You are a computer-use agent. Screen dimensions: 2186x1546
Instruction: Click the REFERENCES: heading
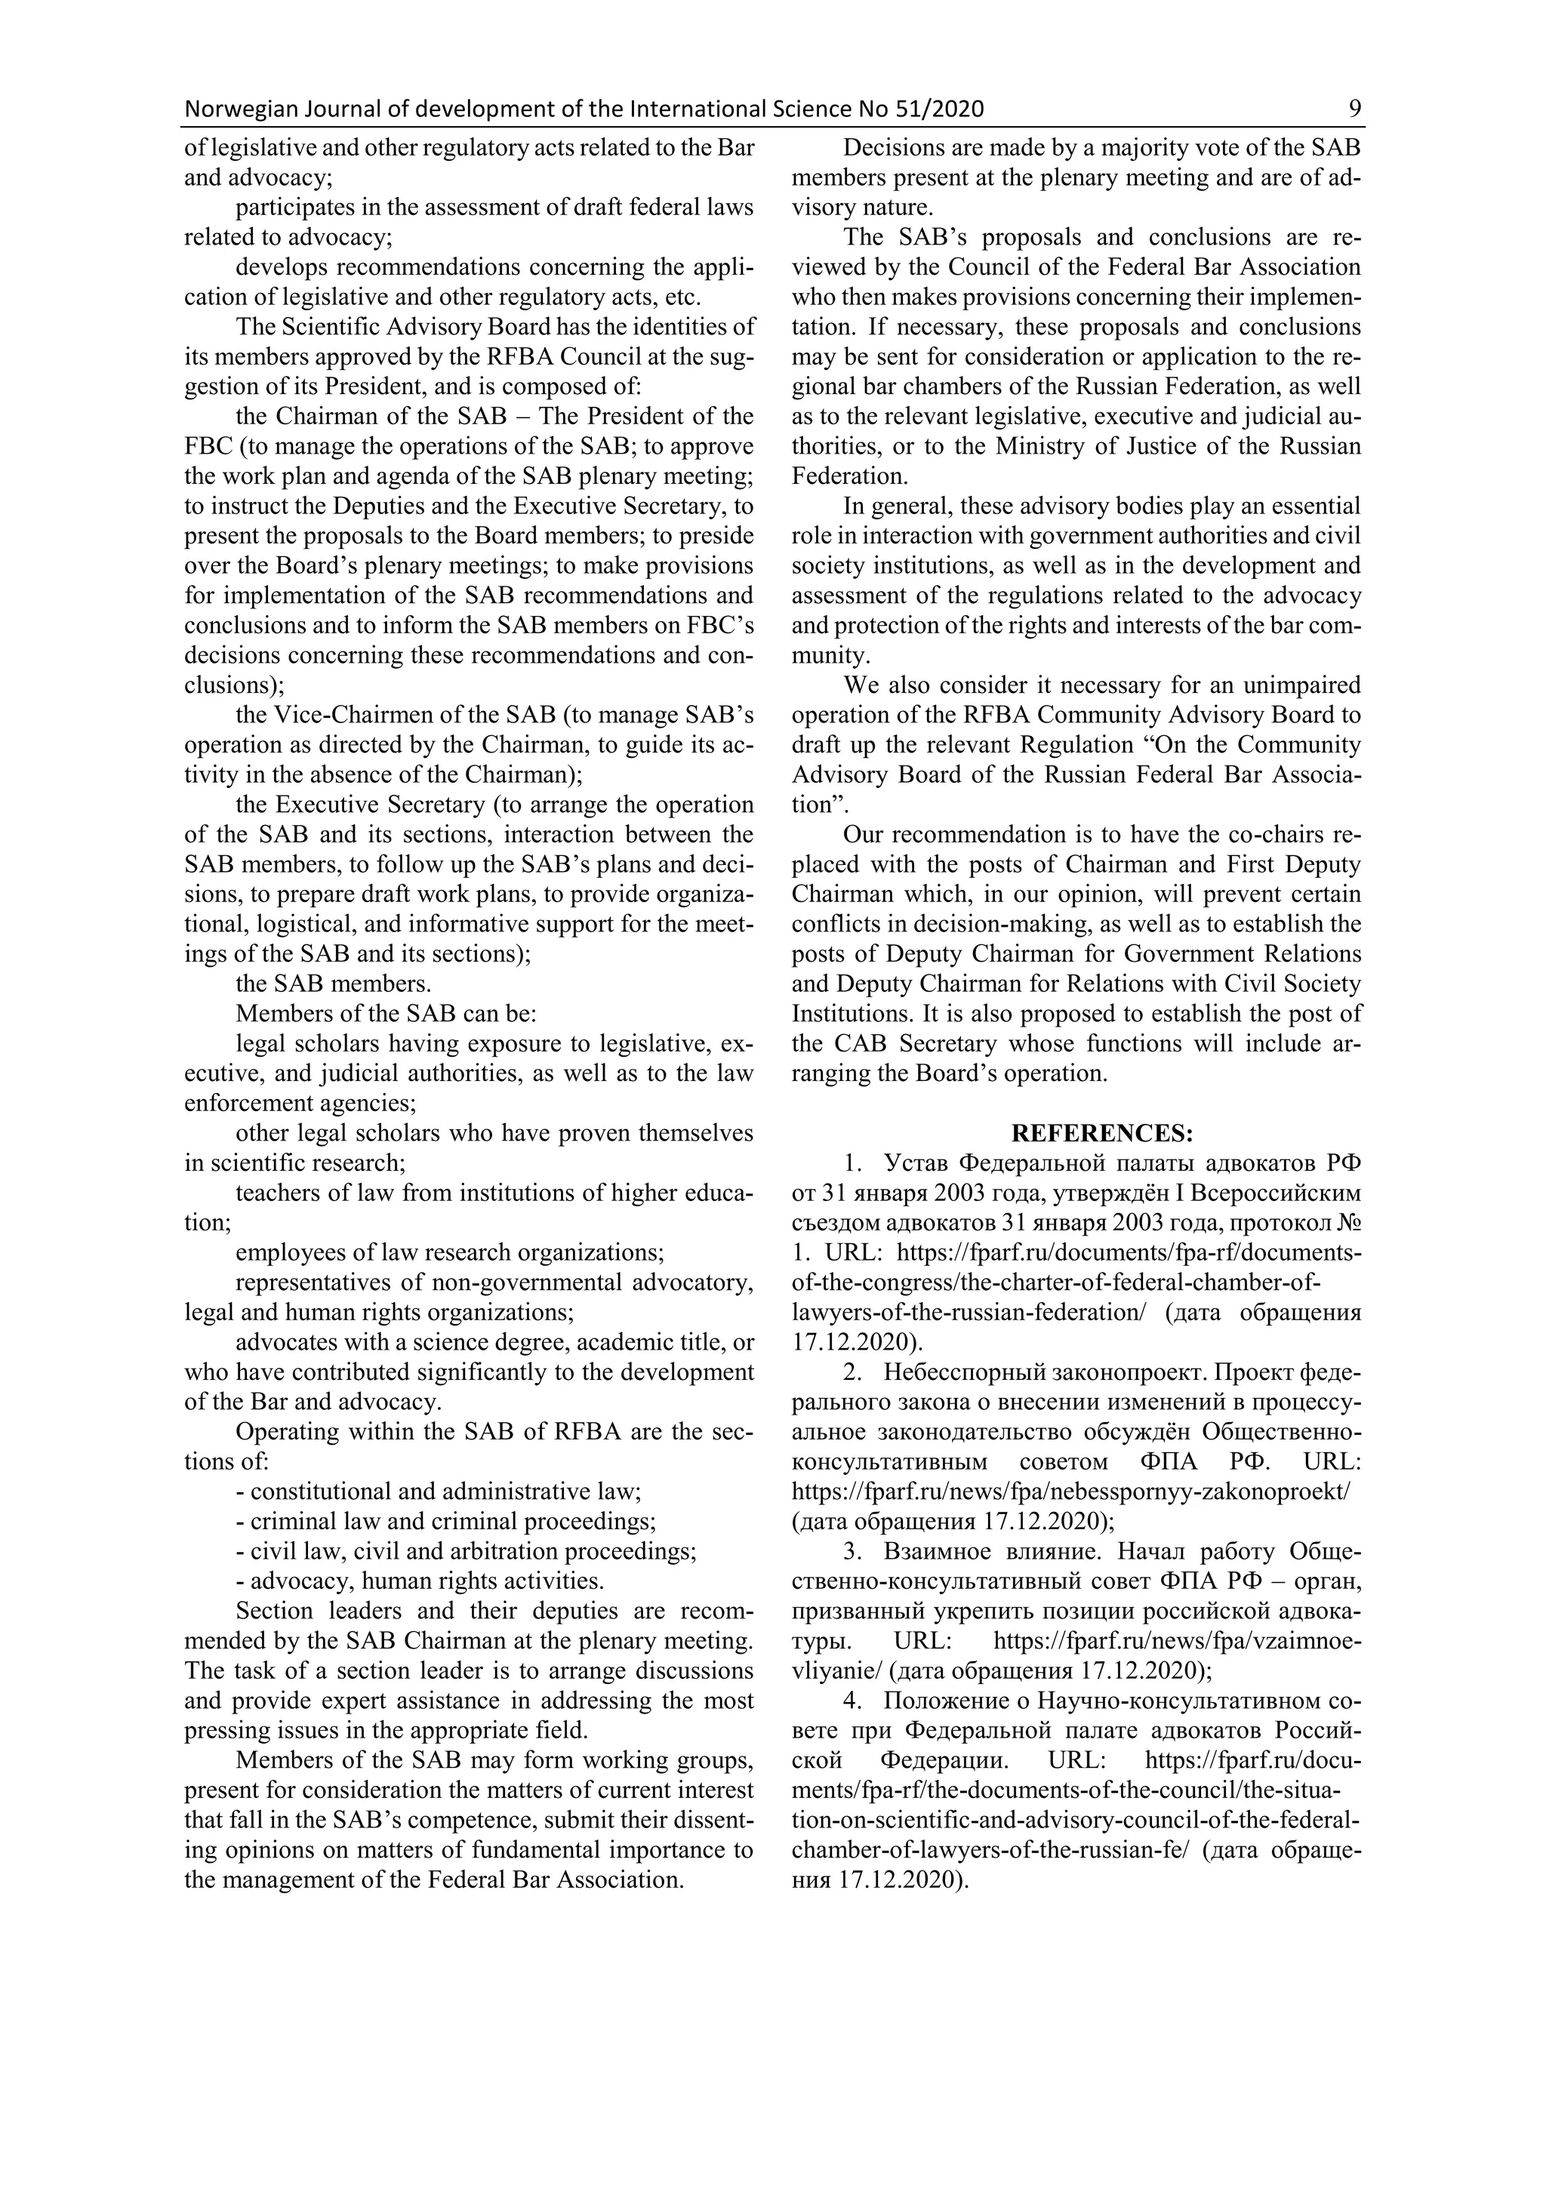(x=1101, y=1133)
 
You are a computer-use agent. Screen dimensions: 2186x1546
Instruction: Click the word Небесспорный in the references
(x=962, y=1373)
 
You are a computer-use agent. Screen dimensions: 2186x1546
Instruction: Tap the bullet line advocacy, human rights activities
(x=419, y=1581)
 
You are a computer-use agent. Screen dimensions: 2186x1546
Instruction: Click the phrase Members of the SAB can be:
(x=386, y=1013)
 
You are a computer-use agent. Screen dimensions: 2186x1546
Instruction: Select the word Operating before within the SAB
(x=288, y=1432)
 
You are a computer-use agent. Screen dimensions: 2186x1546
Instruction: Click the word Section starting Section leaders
(x=274, y=1611)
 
